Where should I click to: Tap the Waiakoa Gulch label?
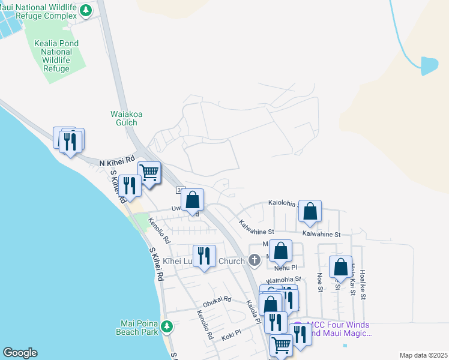124,118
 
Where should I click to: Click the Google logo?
20,353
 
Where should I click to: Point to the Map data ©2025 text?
423,355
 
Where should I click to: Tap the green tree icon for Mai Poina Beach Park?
167,327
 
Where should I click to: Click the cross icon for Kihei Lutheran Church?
255,260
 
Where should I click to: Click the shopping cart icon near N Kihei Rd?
149,172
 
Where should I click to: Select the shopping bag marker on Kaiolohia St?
310,211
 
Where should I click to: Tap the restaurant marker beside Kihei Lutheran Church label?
204,256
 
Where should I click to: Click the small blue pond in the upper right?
429,66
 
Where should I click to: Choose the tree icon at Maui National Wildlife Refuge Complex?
86,10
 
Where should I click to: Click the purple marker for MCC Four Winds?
298,328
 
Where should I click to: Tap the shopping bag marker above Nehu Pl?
280,251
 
